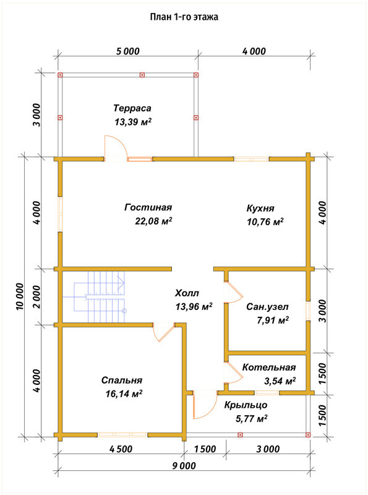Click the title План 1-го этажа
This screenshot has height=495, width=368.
pos(184,17)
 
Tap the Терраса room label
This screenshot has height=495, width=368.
pos(132,108)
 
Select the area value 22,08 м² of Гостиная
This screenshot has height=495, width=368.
pos(153,221)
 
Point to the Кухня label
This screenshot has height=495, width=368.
pos(260,209)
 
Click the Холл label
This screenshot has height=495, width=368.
pos(187,293)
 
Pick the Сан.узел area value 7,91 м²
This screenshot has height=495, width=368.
pos(273,321)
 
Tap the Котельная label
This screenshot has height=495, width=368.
pos(269,368)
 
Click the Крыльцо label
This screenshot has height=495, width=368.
pos(246,405)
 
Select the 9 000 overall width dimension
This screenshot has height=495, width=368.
pos(184,466)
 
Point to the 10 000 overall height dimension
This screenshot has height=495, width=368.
pos(20,296)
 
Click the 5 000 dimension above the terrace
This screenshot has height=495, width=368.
pos(128,51)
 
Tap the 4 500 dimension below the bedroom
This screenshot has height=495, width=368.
pos(121,449)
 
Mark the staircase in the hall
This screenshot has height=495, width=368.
pos(100,296)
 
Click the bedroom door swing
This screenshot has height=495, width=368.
pos(163,332)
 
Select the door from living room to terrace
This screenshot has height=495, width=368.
pos(116,148)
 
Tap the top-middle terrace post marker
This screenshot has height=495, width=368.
pos(142,75)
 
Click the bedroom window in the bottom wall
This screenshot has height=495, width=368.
pos(122,435)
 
